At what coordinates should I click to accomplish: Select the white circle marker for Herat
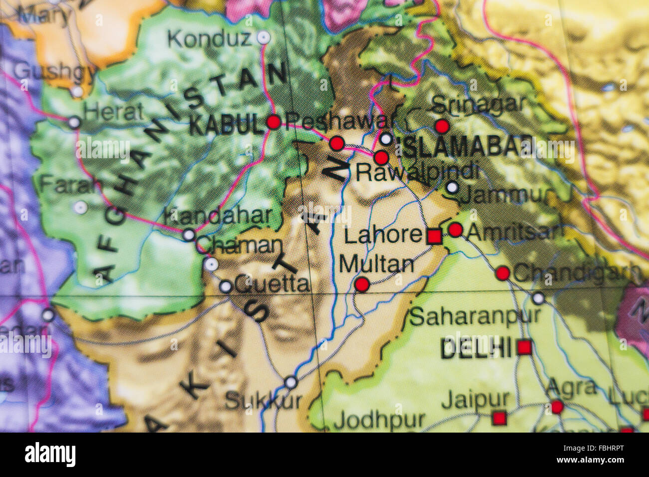click(74, 122)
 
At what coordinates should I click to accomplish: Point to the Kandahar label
click(218, 216)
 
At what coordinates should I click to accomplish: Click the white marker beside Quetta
click(226, 286)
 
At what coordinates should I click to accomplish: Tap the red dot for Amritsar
click(455, 230)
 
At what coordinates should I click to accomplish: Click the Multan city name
click(376, 264)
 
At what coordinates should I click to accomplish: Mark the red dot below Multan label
click(362, 285)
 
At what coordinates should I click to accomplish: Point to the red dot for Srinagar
click(442, 126)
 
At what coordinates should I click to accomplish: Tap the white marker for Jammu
click(452, 188)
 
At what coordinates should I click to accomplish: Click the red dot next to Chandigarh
click(503, 273)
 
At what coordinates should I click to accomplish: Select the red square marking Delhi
click(524, 347)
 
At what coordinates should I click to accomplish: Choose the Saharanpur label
click(475, 316)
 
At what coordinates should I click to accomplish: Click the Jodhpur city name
click(379, 421)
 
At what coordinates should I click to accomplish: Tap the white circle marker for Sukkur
click(291, 383)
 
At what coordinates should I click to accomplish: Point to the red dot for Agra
click(557, 407)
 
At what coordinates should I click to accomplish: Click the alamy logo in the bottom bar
click(50, 455)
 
